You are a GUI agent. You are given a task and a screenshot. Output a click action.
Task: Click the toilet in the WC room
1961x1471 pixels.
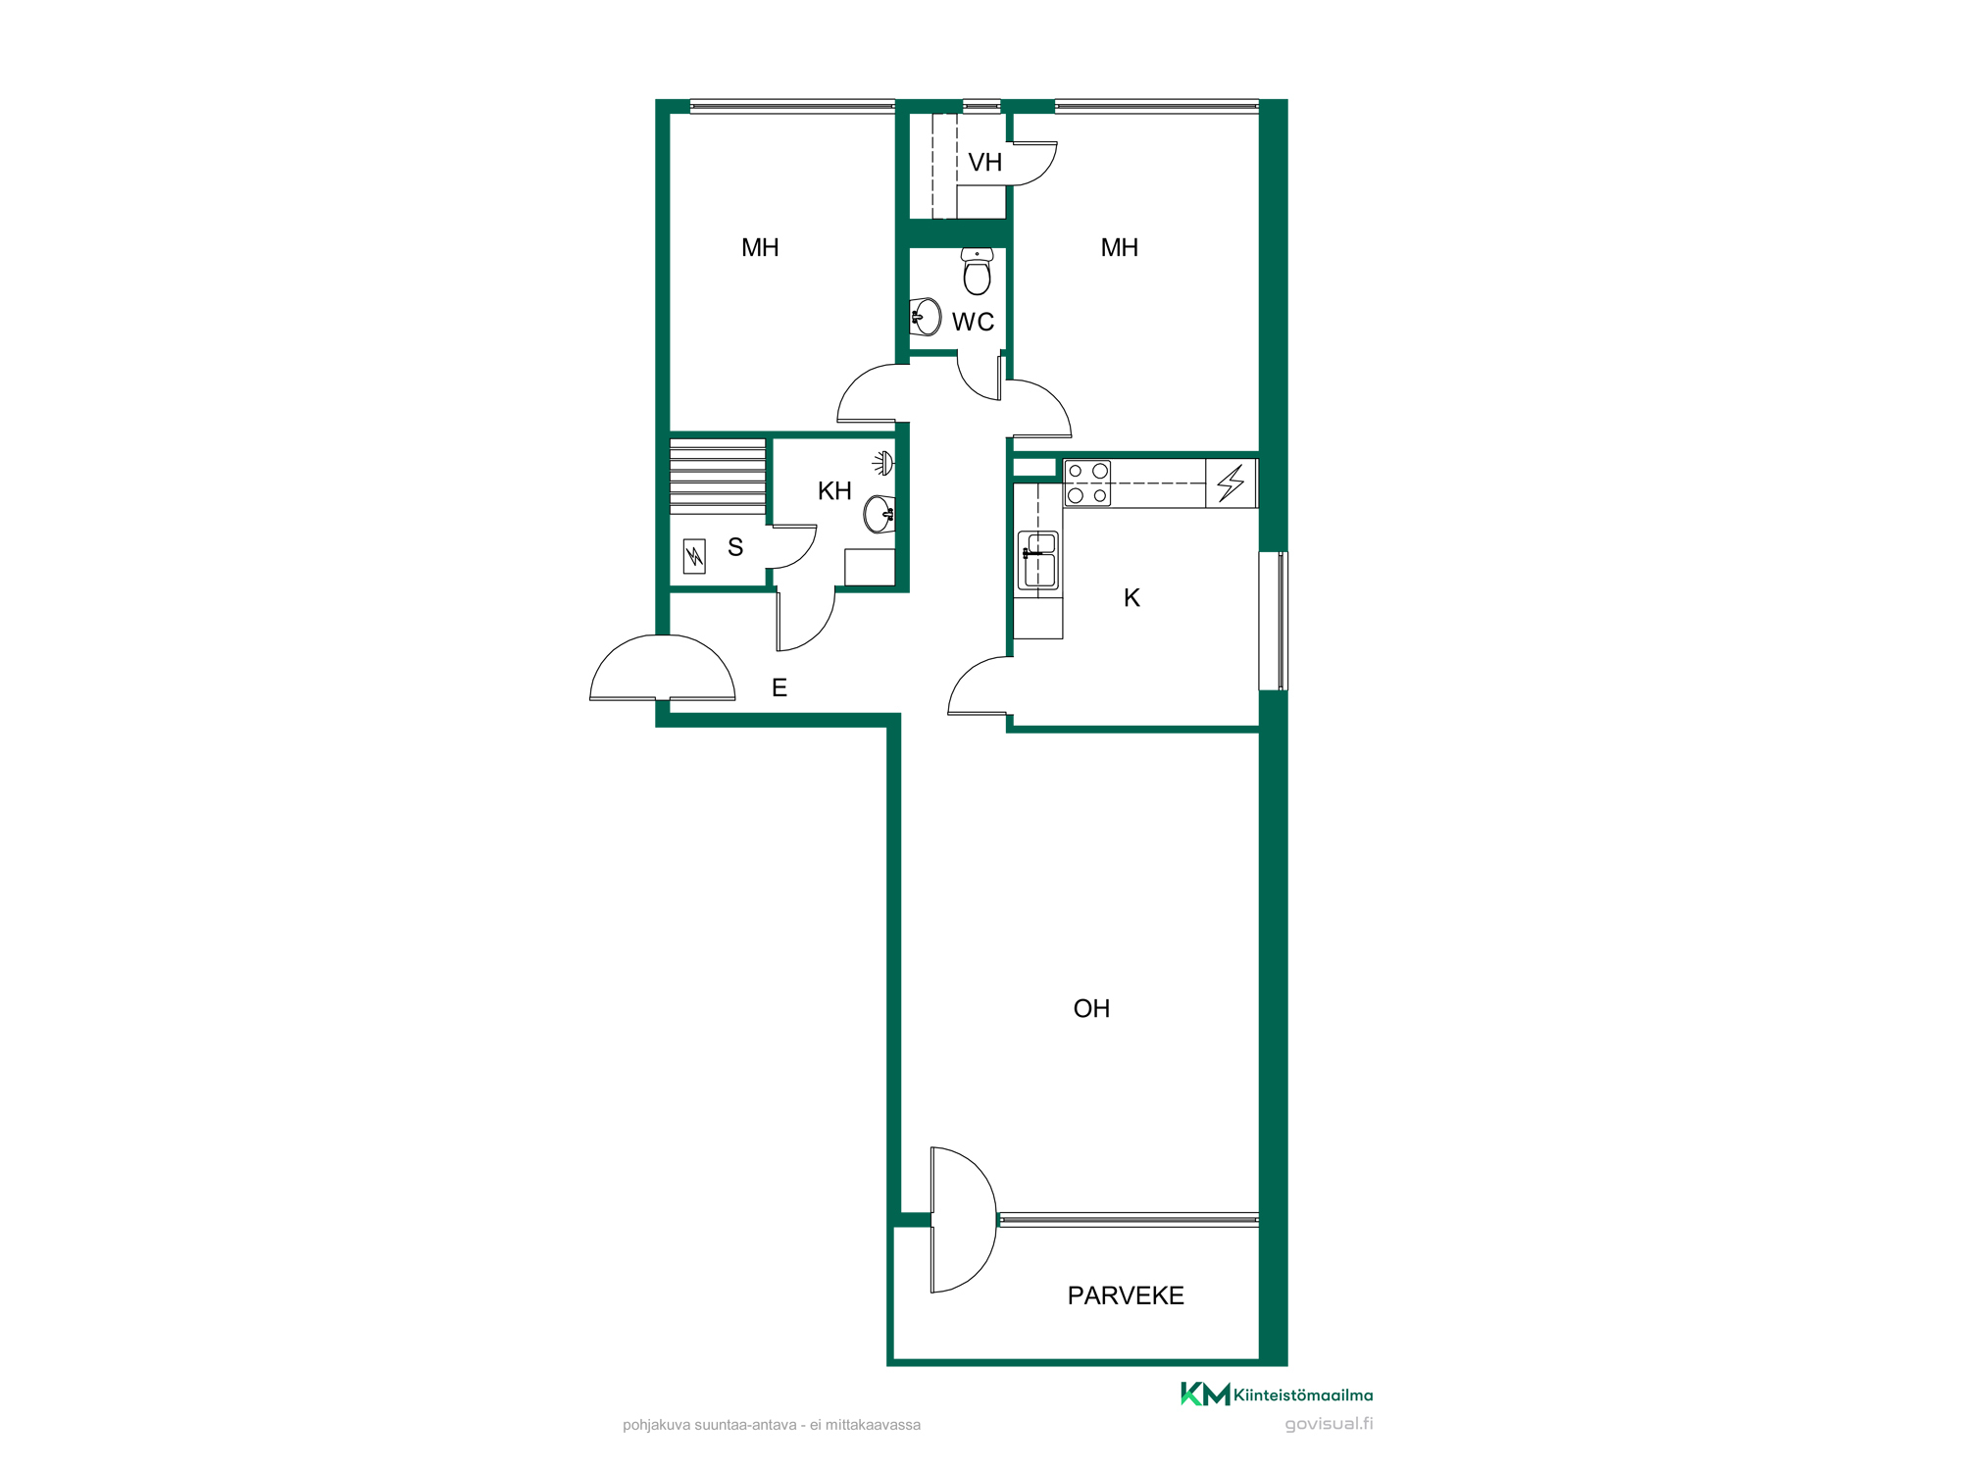click(x=977, y=271)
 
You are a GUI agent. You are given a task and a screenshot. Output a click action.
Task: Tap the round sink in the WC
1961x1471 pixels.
click(x=926, y=318)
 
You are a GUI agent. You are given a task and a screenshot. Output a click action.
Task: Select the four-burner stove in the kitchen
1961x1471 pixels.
click(x=1087, y=482)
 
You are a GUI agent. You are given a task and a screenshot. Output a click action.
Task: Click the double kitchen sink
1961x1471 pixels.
click(x=1038, y=560)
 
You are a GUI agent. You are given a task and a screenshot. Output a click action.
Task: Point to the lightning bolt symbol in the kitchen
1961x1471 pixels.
click(x=1231, y=483)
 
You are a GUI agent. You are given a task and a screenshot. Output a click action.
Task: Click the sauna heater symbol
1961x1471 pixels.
click(x=694, y=557)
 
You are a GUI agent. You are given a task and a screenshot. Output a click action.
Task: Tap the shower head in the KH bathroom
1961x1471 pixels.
click(x=883, y=463)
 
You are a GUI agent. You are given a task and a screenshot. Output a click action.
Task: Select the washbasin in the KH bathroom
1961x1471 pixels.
click(x=880, y=514)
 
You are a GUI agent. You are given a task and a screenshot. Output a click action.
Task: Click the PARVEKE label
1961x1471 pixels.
click(x=1126, y=1295)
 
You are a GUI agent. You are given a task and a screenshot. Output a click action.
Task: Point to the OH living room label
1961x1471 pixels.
click(x=1091, y=1008)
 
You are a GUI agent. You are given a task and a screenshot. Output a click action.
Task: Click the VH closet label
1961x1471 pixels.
click(x=984, y=162)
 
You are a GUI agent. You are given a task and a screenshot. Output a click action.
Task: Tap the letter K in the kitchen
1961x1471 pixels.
click(x=1131, y=597)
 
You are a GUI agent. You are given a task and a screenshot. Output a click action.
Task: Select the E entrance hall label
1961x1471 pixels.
click(x=779, y=687)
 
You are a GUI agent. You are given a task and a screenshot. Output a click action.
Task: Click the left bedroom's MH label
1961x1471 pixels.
click(x=760, y=247)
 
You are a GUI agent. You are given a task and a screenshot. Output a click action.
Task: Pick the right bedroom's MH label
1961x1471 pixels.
click(x=1119, y=247)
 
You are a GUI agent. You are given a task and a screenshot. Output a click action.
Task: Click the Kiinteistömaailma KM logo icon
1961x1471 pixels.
click(x=1205, y=1394)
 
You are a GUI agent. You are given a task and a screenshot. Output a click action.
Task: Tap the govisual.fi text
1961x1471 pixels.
click(x=1329, y=1424)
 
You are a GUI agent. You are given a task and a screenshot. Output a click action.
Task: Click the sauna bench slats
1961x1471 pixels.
click(x=718, y=476)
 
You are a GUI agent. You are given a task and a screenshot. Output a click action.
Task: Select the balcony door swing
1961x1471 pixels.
click(x=963, y=1219)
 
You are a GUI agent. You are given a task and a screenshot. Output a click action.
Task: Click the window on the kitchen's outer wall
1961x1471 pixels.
click(x=1273, y=621)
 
